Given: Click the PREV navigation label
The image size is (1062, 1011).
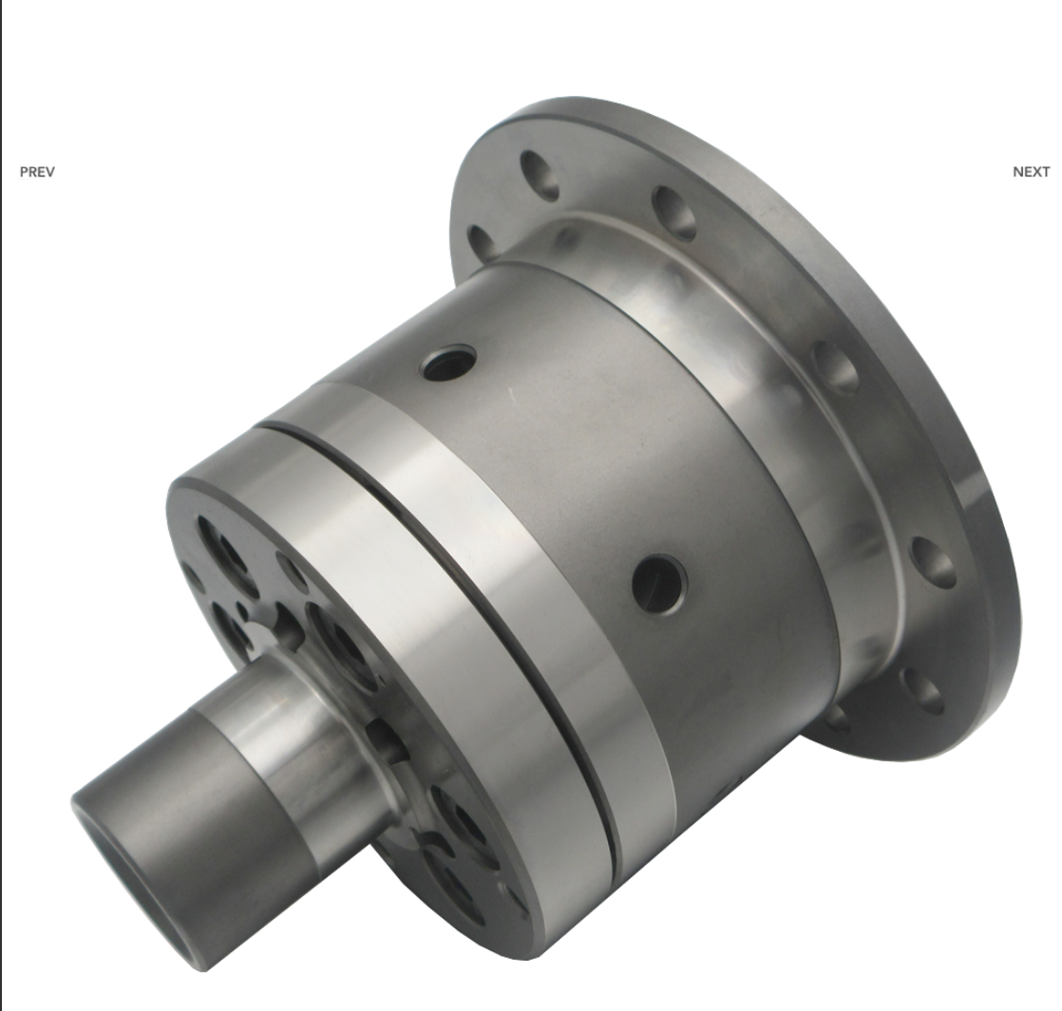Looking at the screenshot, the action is (x=37, y=172).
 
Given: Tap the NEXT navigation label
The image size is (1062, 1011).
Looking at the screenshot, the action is (x=1031, y=172).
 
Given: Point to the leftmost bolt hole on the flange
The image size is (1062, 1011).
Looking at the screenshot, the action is (x=483, y=241).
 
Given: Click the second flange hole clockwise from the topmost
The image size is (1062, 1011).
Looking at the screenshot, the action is (x=673, y=213).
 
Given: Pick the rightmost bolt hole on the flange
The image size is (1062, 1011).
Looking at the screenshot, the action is (x=932, y=562).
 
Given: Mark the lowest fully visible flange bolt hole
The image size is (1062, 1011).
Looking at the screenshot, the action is (x=921, y=690).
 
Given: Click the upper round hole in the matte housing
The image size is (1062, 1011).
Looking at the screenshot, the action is (x=448, y=362).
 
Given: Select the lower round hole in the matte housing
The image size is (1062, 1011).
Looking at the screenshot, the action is (x=659, y=584).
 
